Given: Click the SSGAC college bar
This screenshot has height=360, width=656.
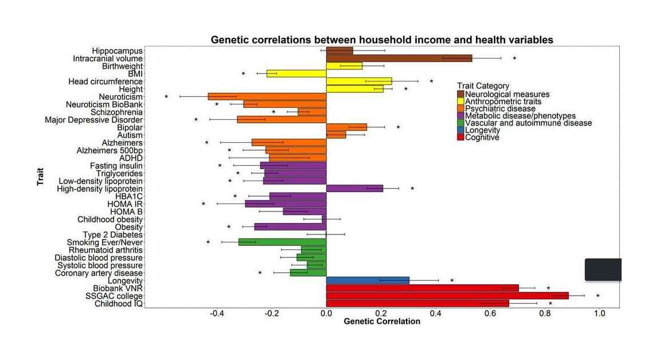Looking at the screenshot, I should click(x=447, y=296).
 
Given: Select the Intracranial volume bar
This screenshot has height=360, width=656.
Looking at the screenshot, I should click(x=399, y=58).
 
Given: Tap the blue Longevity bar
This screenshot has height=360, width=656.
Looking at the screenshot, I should click(x=368, y=280).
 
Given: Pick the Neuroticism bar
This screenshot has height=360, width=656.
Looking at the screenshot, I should click(x=267, y=97).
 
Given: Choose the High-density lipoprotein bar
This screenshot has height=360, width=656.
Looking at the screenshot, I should click(x=354, y=188).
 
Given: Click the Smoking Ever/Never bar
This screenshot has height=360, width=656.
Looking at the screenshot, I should click(x=283, y=242).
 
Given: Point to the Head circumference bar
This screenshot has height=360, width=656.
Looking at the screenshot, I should click(x=359, y=81).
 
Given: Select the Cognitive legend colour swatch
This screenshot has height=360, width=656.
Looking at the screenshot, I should click(x=460, y=138).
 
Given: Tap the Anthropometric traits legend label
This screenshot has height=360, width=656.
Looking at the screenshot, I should click(x=503, y=101).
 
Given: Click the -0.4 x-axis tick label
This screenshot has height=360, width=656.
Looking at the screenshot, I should click(x=217, y=314).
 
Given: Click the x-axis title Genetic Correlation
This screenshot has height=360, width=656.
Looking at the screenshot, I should click(x=381, y=322).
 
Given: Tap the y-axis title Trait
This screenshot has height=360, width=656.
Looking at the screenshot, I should click(x=41, y=176).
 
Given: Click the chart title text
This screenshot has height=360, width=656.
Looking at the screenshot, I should click(x=381, y=40).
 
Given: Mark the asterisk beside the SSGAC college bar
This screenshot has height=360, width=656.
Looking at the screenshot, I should click(x=598, y=296).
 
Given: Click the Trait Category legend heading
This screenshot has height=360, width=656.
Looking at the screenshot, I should click(x=483, y=86).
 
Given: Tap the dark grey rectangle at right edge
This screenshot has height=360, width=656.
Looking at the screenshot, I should click(x=603, y=269).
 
